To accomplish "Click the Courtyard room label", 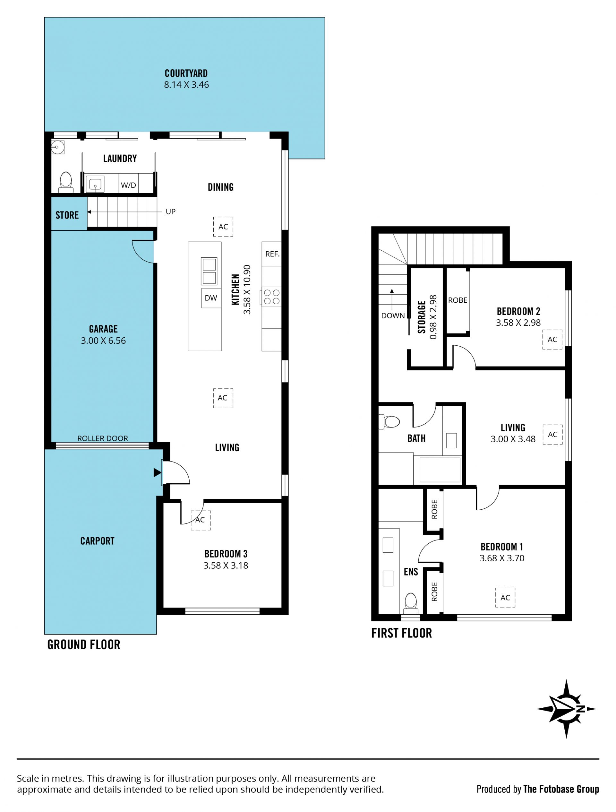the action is [186, 73].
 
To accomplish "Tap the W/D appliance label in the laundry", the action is [128, 185].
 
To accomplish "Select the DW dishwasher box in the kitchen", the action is [211, 298].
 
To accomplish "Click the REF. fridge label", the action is [272, 254].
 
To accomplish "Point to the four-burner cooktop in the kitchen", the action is [271, 297].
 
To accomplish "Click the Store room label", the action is [67, 215].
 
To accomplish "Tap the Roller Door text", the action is [102, 438].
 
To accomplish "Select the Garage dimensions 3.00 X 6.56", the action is [103, 340].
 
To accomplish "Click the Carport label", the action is [97, 541].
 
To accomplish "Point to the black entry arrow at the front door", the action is [158, 472].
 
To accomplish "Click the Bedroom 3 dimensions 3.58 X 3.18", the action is [226, 565].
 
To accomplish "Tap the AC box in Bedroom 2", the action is [552, 339].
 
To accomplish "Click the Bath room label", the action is [416, 438].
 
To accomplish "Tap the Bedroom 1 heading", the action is [501, 547].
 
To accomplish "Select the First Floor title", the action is [401, 633].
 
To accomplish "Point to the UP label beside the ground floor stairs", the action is [171, 212].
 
